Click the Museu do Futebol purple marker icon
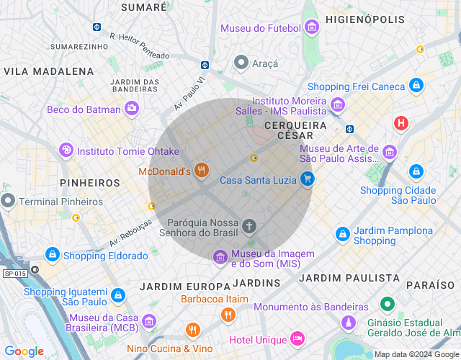pyautogui.click(x=312, y=28)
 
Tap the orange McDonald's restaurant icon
pyautogui.click(x=202, y=171)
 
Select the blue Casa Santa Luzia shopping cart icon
pyautogui.click(x=308, y=179)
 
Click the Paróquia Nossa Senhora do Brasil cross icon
pyautogui.click(x=249, y=227)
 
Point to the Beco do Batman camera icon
pyautogui.click(x=132, y=109)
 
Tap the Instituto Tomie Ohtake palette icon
pyautogui.click(x=66, y=150)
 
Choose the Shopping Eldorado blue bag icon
pyautogui.click(x=53, y=255)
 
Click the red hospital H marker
pyautogui.click(x=401, y=123)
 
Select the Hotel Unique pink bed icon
pyautogui.click(x=297, y=338)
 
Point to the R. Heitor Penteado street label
pyautogui.click(x=140, y=45)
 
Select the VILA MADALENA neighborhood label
pyautogui.click(x=49, y=71)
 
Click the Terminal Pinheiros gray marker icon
pyautogui.click(x=8, y=200)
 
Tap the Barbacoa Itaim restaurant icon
pyautogui.click(x=228, y=314)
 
